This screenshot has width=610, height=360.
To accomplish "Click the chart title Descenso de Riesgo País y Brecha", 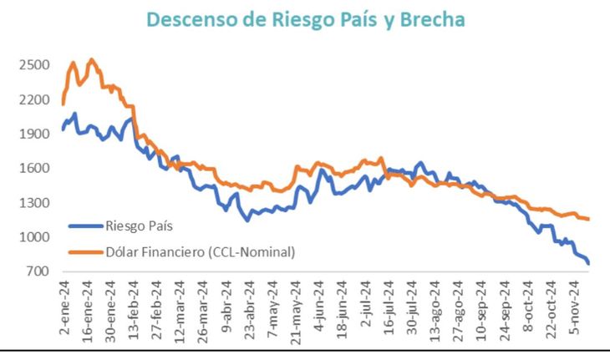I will tap(305, 19).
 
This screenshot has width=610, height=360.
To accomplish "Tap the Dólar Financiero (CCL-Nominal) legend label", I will tap(201, 251).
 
